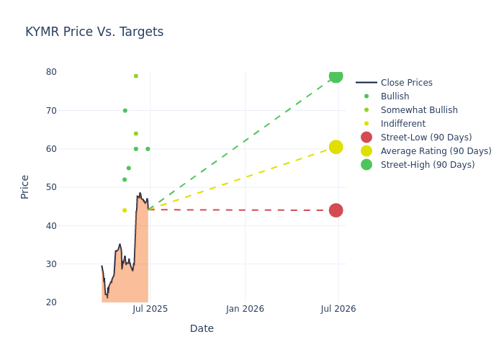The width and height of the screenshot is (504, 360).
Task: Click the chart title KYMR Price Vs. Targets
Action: pyautogui.click(x=94, y=32)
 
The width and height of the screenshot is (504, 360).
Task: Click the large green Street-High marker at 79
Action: pyautogui.click(x=336, y=76)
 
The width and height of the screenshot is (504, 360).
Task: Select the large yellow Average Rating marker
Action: pyautogui.click(x=336, y=147)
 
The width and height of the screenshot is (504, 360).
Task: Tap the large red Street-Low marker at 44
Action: pyautogui.click(x=336, y=210)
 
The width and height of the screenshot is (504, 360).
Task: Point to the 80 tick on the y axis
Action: pyautogui.click(x=52, y=72)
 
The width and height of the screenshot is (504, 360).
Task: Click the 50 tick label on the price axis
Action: pyautogui.click(x=52, y=187)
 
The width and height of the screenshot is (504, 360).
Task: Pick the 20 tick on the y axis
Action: pyautogui.click(x=52, y=302)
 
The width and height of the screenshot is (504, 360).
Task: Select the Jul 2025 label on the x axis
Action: pyautogui.click(x=150, y=309)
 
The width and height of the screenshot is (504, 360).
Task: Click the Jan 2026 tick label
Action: pyautogui.click(x=245, y=309)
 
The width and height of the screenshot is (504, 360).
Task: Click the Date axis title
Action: pyautogui.click(x=202, y=328)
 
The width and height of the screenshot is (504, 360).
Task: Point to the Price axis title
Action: pyautogui.click(x=25, y=186)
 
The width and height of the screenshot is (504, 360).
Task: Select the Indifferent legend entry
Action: pyautogui.click(x=402, y=124)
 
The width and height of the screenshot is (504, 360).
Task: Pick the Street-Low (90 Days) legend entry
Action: pyautogui.click(x=426, y=138)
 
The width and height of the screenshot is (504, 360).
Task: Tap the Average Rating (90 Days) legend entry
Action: pyautogui.click(x=436, y=151)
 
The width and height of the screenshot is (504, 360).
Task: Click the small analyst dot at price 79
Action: pyautogui.click(x=135, y=76)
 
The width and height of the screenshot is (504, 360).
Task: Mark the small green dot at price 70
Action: pyautogui.click(x=125, y=111)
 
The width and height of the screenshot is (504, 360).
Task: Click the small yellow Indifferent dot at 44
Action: pyautogui.click(x=124, y=210)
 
